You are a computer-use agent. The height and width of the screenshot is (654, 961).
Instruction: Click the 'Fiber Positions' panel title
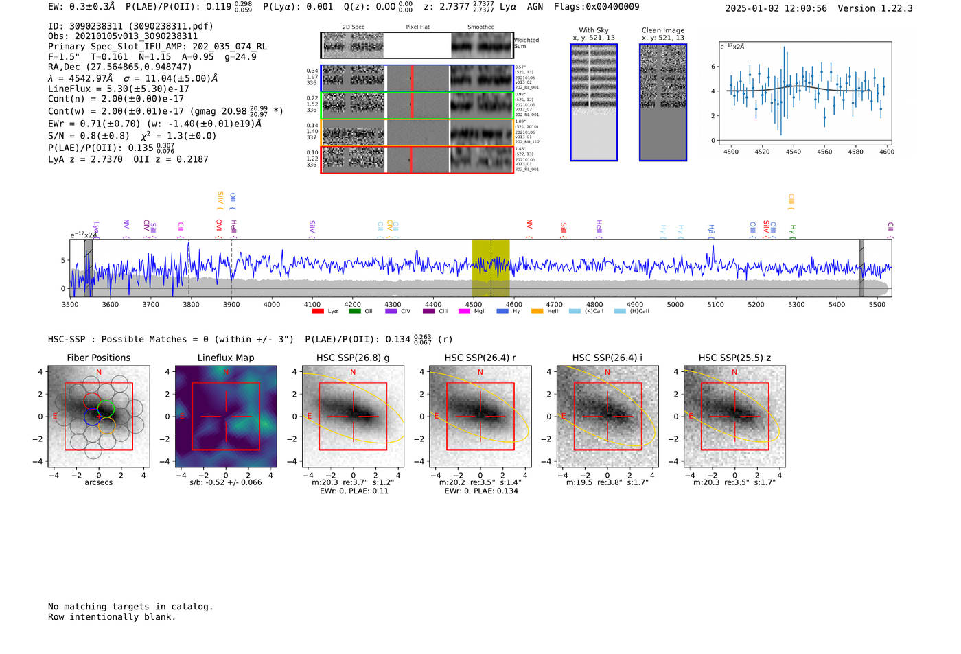[x=98, y=358]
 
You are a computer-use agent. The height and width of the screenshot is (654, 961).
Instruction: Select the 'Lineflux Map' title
[x=226, y=358]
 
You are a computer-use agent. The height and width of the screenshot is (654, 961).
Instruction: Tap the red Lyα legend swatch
[x=318, y=311]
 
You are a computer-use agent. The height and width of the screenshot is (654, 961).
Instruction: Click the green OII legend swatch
[x=354, y=311]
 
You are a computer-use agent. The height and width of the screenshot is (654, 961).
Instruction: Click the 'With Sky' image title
[x=594, y=30]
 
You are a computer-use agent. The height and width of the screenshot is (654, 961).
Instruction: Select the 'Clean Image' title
[x=663, y=30]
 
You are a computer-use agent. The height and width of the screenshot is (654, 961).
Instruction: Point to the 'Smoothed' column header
[x=481, y=27]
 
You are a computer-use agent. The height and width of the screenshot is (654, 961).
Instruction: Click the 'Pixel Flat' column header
[x=417, y=27]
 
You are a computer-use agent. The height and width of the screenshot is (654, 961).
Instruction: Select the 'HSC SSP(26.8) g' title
[x=353, y=358]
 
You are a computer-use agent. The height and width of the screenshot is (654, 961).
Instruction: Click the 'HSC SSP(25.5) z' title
[x=734, y=358]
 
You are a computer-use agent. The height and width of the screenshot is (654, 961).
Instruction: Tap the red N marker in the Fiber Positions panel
[x=99, y=373]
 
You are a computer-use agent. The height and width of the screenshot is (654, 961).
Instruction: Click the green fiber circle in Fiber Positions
[x=106, y=410]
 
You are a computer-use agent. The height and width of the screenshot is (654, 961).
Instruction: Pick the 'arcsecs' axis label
[x=98, y=482]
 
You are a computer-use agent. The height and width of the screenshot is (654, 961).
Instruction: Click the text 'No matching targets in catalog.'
[x=130, y=607]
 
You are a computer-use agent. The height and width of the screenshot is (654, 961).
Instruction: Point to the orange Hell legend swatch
[x=537, y=311]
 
